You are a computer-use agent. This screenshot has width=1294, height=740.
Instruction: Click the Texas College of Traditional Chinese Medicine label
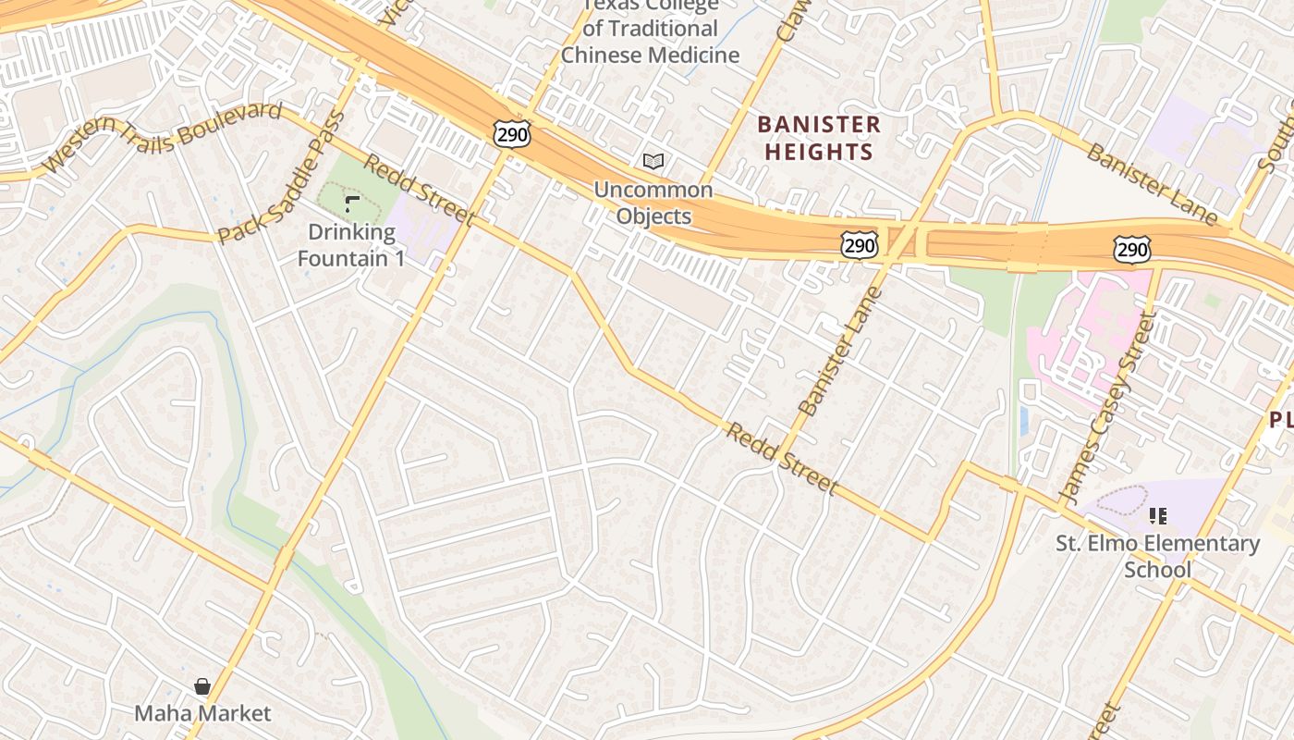coord(651,31)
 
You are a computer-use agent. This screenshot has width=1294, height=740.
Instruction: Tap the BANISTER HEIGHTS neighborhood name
coord(819,138)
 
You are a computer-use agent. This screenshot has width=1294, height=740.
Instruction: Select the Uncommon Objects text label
coord(653,203)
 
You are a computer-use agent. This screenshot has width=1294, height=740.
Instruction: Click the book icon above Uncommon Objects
coord(653,162)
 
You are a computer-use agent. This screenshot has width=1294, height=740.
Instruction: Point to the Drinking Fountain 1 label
coord(351,245)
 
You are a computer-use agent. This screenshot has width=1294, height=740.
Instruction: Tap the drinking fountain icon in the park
coord(351,203)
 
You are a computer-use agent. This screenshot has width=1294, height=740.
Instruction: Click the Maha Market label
coord(202,713)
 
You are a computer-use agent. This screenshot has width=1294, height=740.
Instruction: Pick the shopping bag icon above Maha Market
coord(202,686)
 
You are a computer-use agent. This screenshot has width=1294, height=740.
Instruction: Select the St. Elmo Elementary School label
coord(1158,556)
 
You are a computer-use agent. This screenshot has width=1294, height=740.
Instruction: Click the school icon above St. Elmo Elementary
coord(1158,516)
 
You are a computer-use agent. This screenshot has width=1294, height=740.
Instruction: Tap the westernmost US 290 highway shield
coord(511,134)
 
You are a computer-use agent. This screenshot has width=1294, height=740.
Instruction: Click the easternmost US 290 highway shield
coord(1132,249)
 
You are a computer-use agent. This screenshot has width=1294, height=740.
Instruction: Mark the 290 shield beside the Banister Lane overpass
coord(859,244)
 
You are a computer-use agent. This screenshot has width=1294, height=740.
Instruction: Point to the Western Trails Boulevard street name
coord(163,137)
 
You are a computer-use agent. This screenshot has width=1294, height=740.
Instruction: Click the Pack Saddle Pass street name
coord(283,178)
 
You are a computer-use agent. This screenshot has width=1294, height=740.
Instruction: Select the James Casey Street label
coord(1108,408)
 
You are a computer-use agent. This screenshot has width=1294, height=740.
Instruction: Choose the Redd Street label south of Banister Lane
coord(782,460)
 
